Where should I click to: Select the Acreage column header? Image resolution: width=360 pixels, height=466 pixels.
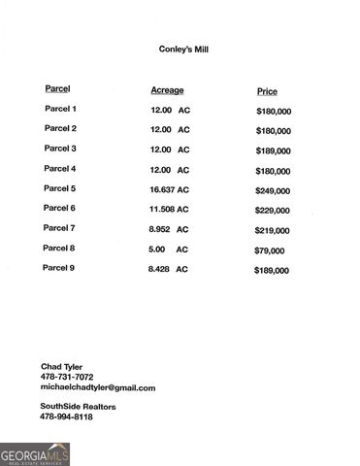point(167,90)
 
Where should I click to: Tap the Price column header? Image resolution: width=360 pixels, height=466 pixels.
point(267,91)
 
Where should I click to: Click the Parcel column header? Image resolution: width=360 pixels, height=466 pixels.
point(57,89)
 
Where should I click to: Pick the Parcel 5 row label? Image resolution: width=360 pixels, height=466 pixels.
point(60,188)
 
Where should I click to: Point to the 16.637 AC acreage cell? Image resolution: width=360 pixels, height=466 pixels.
point(170,189)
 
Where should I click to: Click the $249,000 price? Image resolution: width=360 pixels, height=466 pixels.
point(273,190)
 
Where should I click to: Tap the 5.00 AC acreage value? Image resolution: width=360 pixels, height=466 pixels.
point(169,249)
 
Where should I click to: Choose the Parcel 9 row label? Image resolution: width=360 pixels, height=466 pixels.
point(60,267)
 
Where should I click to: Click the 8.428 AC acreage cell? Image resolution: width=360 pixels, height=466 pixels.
point(168,268)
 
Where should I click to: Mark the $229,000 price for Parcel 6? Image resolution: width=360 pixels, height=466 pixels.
point(273,210)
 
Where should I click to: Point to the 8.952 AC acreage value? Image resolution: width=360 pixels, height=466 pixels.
point(168,228)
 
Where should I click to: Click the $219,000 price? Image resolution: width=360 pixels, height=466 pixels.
point(273,230)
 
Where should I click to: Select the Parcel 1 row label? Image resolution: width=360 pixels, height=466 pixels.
point(60,109)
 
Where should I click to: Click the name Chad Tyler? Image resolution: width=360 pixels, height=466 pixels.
point(61,366)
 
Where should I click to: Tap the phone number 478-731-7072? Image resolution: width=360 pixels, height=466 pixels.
point(67,377)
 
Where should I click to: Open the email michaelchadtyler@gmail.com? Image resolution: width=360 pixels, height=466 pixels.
point(98,387)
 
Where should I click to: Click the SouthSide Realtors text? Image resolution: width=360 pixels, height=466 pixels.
point(78,406)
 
